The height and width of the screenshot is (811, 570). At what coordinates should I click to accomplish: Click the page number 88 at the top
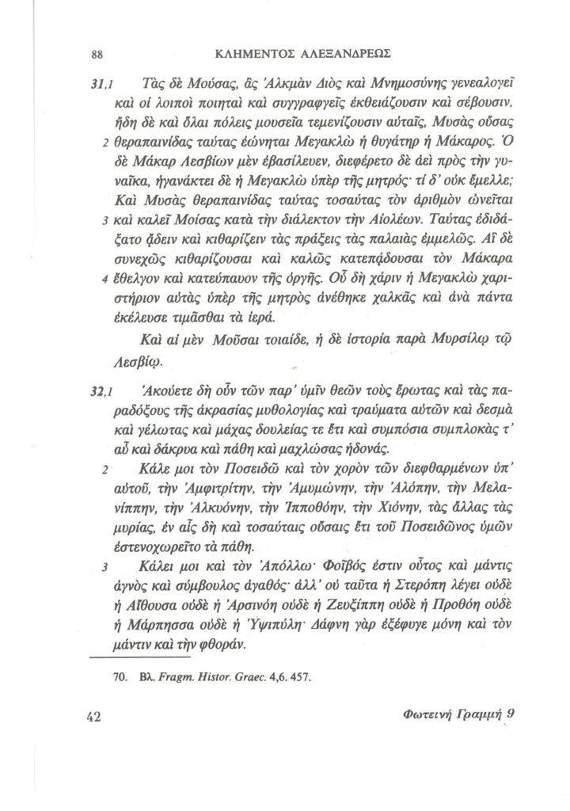pyautogui.click(x=98, y=54)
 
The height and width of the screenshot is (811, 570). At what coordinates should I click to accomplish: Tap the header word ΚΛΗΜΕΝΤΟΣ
pyautogui.click(x=255, y=54)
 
